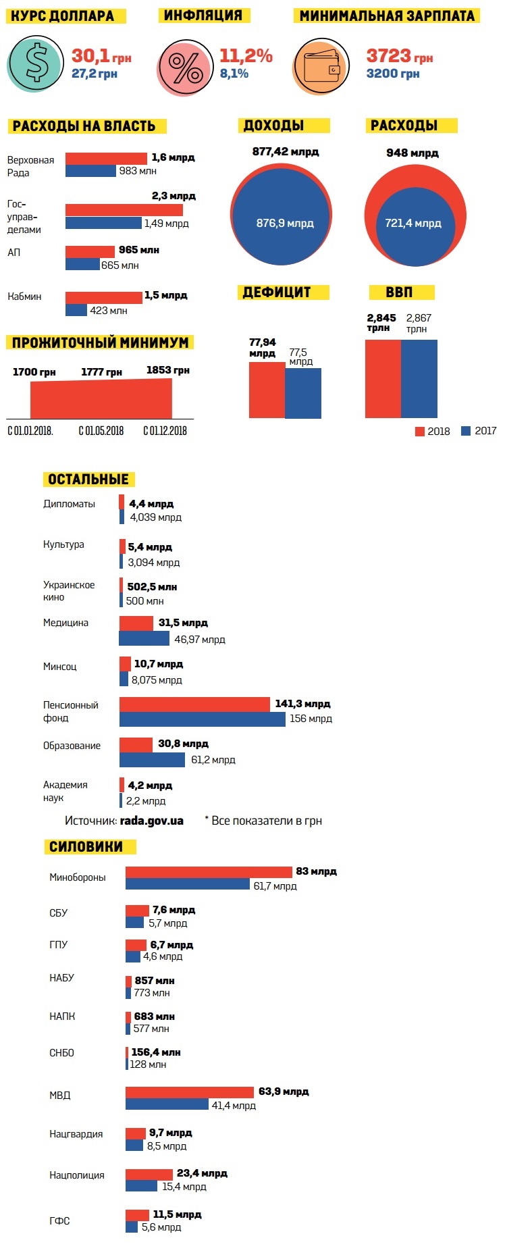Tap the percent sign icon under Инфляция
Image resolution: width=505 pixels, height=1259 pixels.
[185, 68]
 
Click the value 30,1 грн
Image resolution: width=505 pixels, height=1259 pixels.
[101, 56]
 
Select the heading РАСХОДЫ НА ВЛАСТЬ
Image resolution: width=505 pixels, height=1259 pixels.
[85, 126]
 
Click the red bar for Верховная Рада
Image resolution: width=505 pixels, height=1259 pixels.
[106, 159]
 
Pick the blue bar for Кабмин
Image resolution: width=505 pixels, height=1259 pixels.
[76, 310]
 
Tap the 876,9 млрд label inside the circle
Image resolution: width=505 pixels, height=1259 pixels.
[285, 223]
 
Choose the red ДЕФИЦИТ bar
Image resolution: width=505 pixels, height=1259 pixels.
[267, 390]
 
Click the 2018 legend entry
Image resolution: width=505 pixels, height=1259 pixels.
[432, 431]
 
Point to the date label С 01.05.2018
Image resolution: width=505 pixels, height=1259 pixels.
[101, 431]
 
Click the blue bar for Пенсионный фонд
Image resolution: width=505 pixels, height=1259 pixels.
[202, 719]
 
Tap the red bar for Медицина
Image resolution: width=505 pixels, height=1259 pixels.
[136, 623]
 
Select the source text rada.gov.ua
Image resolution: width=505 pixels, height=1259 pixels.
[151, 821]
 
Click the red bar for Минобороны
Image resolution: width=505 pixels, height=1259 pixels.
[209, 872]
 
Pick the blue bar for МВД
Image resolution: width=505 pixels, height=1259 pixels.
[167, 1104]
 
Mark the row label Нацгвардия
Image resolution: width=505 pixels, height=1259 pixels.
[76, 1133]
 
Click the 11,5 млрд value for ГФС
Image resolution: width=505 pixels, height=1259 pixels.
[177, 1214]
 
